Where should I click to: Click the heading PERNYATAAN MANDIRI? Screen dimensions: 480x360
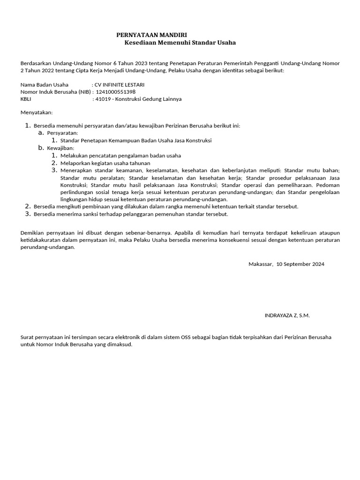coord(151,35)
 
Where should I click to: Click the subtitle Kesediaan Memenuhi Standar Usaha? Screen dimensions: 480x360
coord(180,43)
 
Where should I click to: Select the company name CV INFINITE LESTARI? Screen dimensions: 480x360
coord(120,85)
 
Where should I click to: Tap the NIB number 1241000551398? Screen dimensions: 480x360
coord(115,92)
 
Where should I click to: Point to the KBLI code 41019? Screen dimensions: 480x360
coord(103,99)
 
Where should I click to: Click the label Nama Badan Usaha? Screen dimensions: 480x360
coord(45,85)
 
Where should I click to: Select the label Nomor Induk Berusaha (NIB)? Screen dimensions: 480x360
coord(53,92)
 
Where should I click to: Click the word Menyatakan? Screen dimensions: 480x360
coord(37,113)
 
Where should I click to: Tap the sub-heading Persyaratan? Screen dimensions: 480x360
coord(63,133)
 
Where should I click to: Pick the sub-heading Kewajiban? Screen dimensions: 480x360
coord(61,148)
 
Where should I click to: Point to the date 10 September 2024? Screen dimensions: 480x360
coord(300,264)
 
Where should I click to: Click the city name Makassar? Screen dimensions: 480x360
coord(261,264)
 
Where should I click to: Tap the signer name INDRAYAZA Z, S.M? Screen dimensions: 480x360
coord(287,315)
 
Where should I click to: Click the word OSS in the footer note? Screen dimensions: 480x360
coord(187,337)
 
